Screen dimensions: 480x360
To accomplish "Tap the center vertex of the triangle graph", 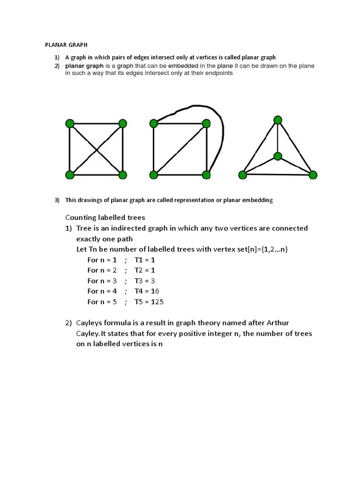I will click(x=278, y=156).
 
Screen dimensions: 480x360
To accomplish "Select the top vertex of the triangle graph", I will click(x=278, y=120).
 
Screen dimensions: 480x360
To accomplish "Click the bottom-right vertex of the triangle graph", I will click(x=313, y=175).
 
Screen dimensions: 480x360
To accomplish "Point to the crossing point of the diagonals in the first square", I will click(x=96, y=150).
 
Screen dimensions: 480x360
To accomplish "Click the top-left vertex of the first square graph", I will click(x=70, y=124).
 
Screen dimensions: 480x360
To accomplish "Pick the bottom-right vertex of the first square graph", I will click(x=123, y=175).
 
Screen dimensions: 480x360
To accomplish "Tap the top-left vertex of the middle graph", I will click(x=153, y=124).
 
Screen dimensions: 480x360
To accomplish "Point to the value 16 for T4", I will click(x=155, y=291).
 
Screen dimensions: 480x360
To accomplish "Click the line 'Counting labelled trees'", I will click(x=105, y=217).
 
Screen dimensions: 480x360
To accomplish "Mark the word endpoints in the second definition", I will click(x=217, y=74).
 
